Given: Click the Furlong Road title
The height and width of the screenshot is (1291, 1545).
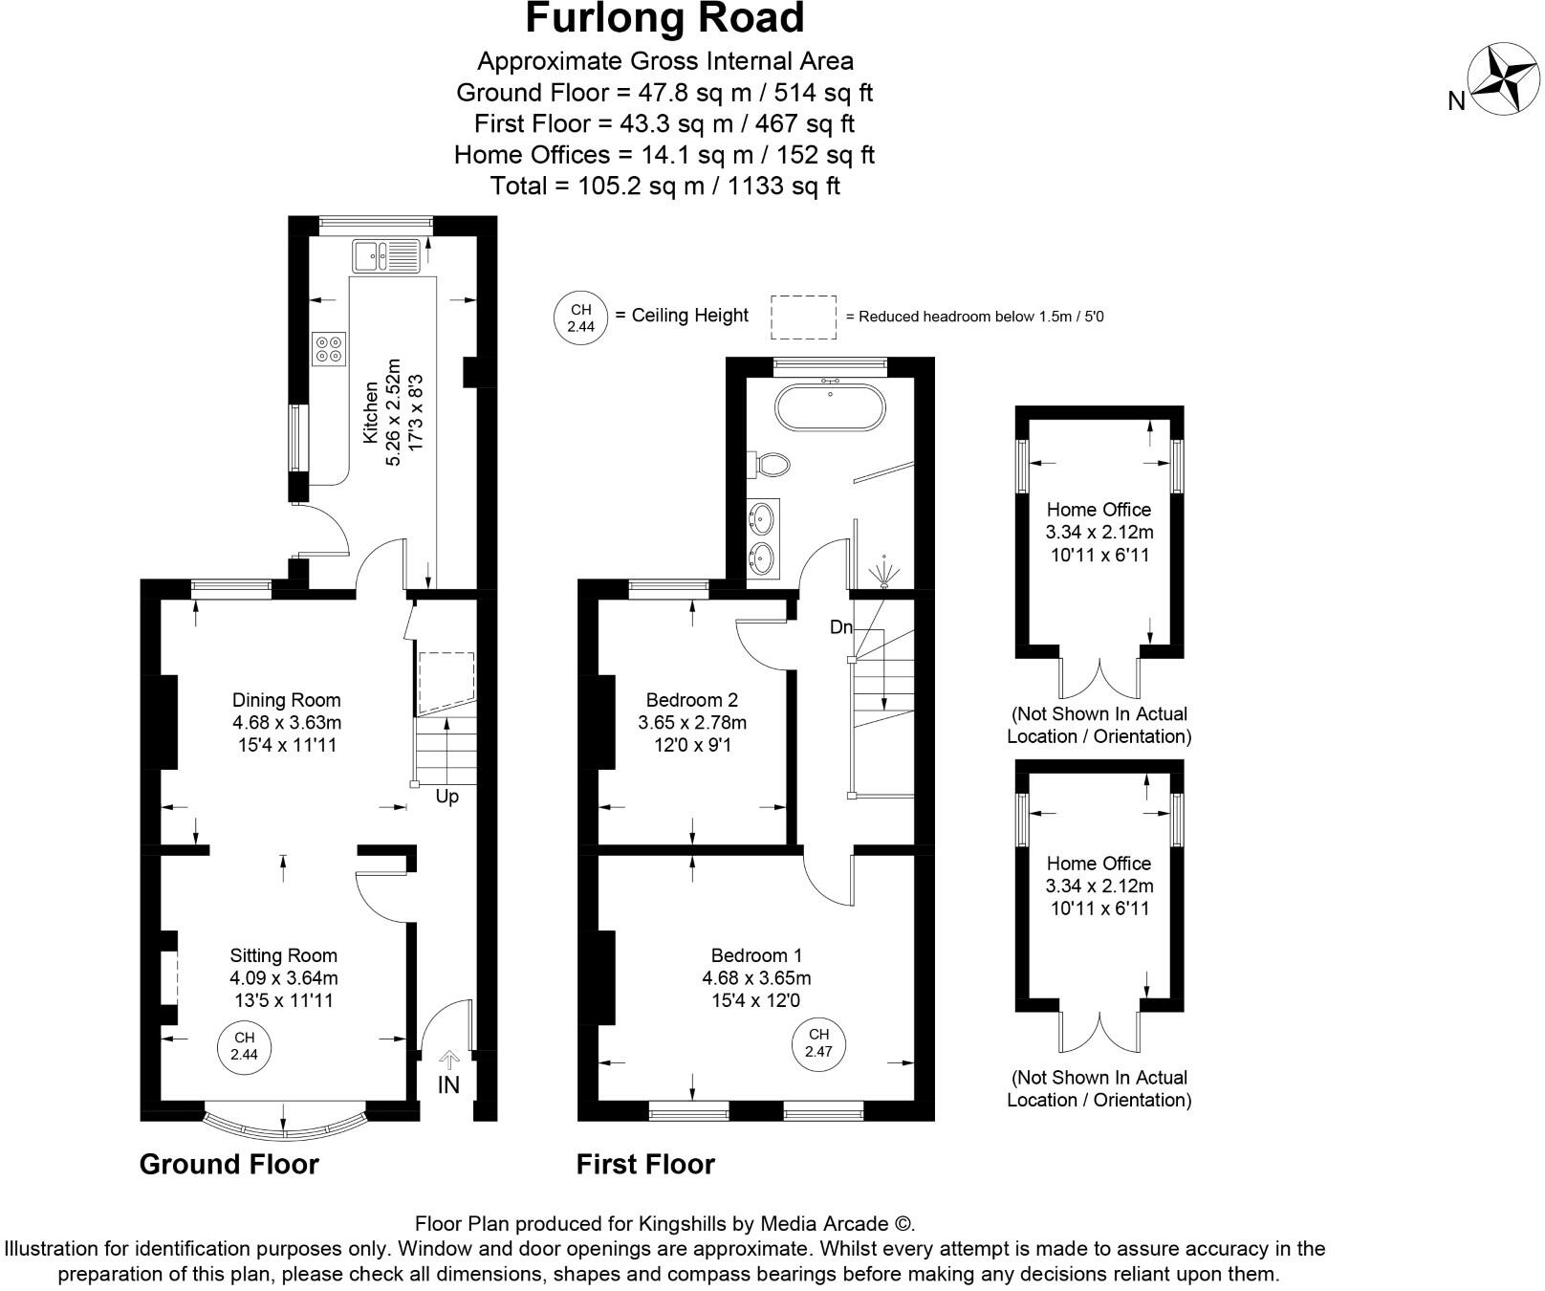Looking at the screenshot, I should pos(665,20).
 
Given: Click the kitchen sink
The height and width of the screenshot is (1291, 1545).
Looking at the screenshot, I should pos(385,255).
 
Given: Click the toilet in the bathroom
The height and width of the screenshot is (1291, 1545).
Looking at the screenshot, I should pos(772,466).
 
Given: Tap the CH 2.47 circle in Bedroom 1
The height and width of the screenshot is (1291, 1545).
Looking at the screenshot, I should pos(818,1042).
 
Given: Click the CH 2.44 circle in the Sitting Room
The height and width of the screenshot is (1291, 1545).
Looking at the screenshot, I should pos(244,1046).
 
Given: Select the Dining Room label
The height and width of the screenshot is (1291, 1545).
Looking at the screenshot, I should pos(286,700).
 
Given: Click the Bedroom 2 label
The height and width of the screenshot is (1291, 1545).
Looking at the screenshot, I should pos(691,700).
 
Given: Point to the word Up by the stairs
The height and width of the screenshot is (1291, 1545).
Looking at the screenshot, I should pos(447,797).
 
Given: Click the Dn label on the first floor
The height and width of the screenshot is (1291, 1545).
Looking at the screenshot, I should pos(841,628).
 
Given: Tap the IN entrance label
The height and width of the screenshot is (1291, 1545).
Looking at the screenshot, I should pos(448,1084).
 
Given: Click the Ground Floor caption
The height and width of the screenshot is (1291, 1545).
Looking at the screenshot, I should pos(228,1164).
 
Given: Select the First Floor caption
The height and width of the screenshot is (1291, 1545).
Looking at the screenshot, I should pos(645,1164).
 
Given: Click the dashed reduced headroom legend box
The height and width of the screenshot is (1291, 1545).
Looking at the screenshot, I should pos(803,317).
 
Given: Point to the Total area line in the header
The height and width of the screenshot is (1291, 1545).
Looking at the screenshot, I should pos(664,186).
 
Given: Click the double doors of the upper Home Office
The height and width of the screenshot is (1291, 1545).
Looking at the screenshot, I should pos(1099,677).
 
